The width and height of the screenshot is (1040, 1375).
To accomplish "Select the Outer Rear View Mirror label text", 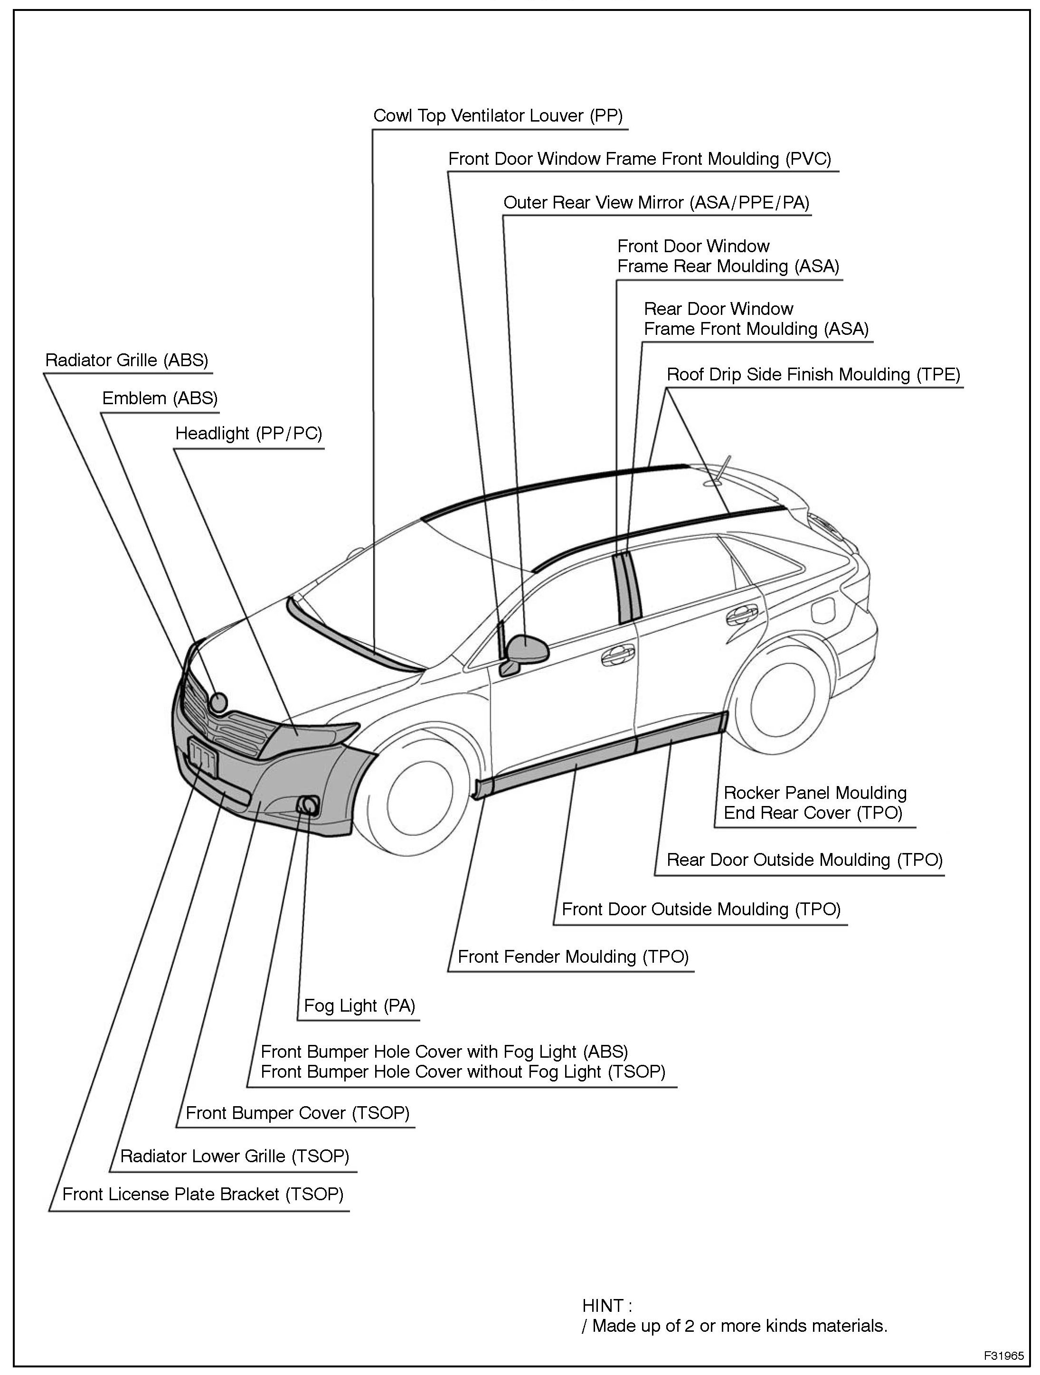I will (656, 203).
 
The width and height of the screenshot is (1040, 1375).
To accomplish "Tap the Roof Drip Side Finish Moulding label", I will (813, 375).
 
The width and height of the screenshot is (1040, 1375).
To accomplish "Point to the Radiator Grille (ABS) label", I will (127, 360).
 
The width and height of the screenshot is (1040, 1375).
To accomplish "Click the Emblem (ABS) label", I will (160, 398).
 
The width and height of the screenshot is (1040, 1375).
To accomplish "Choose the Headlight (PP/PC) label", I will (249, 433).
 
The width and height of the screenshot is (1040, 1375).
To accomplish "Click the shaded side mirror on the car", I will (528, 648).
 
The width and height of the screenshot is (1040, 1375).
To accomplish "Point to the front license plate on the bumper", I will (203, 759).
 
